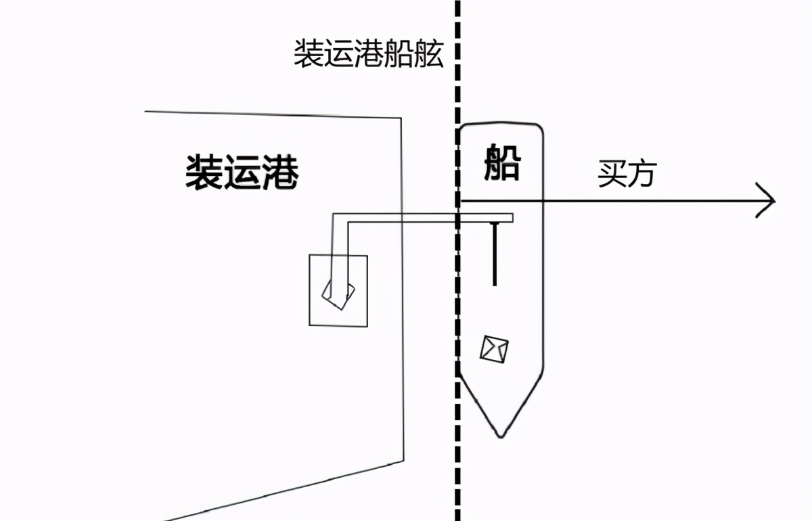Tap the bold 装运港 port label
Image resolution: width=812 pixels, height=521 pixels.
(x=242, y=172)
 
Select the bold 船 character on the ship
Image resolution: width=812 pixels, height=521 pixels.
(x=501, y=164)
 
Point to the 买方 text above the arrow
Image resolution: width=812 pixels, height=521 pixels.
(x=627, y=174)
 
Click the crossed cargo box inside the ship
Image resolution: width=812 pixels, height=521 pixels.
(x=495, y=349)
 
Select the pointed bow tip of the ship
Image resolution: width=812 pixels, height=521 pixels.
(x=500, y=435)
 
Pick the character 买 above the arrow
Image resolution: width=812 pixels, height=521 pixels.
(x=612, y=174)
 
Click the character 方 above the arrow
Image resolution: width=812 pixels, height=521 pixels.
(x=643, y=174)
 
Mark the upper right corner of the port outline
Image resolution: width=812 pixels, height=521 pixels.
(x=401, y=118)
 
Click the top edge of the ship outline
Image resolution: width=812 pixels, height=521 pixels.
(x=501, y=124)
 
